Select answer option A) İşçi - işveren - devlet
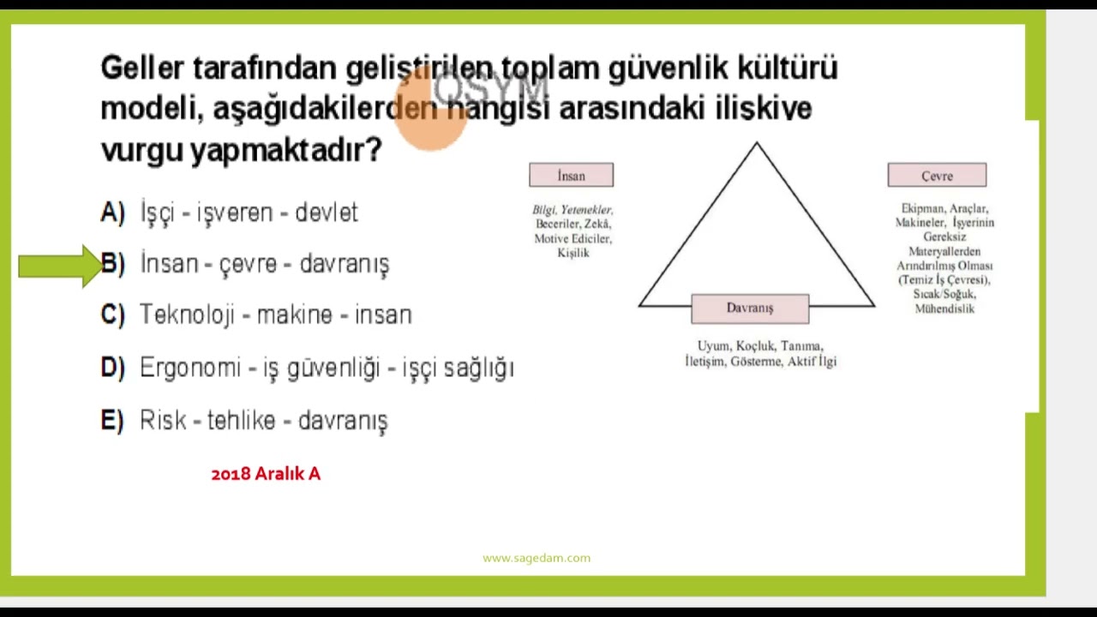click(249, 213)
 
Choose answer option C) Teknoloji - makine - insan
click(275, 314)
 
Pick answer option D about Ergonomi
click(326, 368)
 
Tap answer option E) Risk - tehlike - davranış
click(263, 421)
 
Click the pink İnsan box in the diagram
click(571, 176)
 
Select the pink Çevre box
click(937, 176)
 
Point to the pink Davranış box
click(750, 308)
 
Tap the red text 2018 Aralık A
click(266, 474)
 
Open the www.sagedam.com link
click(537, 558)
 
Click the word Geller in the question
click(142, 68)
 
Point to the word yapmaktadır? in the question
click(285, 151)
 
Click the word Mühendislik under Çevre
click(944, 308)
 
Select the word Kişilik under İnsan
click(573, 254)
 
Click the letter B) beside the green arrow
click(113, 264)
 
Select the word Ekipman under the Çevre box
click(921, 208)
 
